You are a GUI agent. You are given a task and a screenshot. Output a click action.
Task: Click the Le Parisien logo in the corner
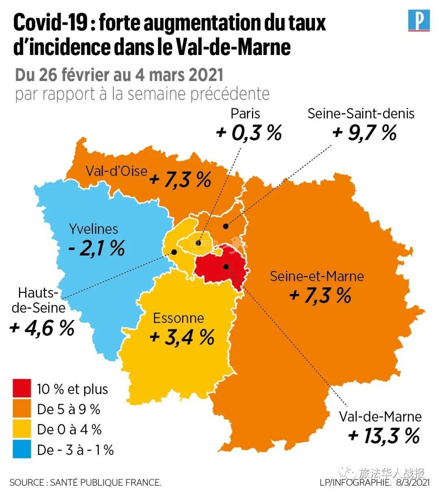click(x=419, y=21)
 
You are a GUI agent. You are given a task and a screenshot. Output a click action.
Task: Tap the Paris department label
click(x=245, y=113)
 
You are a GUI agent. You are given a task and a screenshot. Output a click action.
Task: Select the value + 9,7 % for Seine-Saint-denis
click(x=364, y=133)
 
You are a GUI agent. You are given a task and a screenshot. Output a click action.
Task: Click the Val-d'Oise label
click(x=116, y=171)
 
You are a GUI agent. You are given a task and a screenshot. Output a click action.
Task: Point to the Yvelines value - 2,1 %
click(x=96, y=248)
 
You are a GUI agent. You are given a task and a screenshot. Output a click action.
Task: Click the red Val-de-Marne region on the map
click(x=215, y=269)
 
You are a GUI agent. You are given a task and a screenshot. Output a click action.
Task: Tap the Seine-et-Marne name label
click(x=317, y=276)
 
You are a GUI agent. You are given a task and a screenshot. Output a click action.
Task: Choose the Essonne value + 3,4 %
click(x=182, y=337)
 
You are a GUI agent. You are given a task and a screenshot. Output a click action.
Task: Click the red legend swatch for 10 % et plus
click(x=22, y=388)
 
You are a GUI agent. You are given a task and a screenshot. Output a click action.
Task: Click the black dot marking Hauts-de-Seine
click(x=174, y=252)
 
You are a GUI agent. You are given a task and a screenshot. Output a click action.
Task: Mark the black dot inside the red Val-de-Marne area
click(x=226, y=266)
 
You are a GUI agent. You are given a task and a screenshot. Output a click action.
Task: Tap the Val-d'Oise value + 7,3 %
click(x=180, y=179)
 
